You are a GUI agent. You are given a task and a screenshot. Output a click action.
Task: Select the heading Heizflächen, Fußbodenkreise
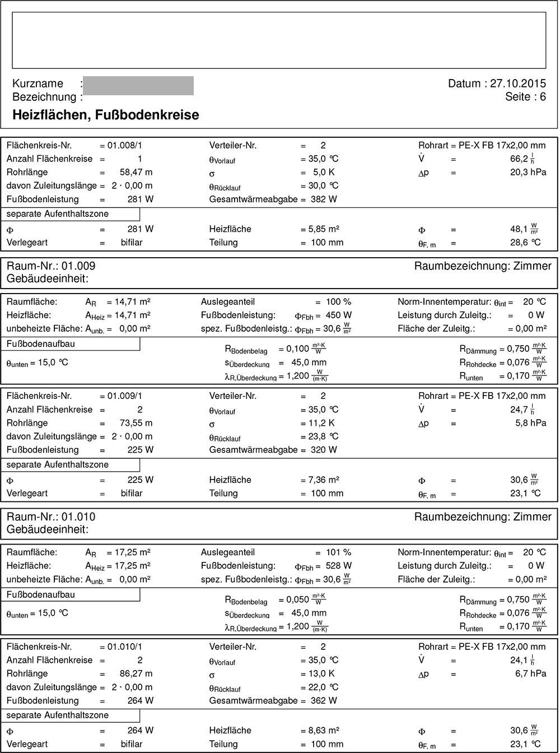pos(105,115)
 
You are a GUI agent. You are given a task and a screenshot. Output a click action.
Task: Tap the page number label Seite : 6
pos(525,97)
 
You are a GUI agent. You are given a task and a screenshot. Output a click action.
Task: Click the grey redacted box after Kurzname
pos(138,86)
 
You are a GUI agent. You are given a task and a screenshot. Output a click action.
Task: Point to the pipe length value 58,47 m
pos(136,172)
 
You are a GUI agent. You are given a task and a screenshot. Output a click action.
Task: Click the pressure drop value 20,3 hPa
pos(530,172)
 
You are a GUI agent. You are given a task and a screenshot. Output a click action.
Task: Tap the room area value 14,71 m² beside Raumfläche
pos(128,301)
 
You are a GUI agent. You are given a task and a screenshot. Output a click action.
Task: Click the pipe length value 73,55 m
pos(136,422)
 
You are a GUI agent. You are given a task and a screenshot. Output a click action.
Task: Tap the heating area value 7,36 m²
pos(324,480)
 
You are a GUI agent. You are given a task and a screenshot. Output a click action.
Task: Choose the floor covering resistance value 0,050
pos(297,599)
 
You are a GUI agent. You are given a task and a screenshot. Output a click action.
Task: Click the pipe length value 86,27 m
pos(136,673)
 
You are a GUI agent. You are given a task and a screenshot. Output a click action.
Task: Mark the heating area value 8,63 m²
pos(324,730)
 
